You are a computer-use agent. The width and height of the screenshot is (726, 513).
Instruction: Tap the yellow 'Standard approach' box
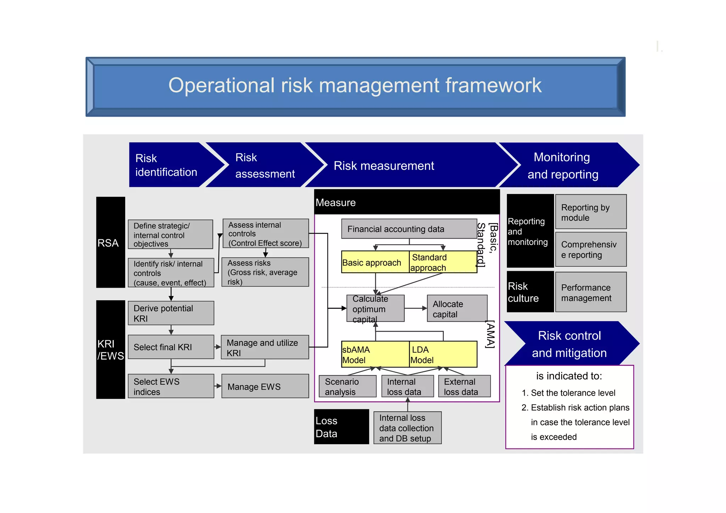coord(443,262)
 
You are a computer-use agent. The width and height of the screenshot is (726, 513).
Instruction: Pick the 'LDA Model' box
coord(443,354)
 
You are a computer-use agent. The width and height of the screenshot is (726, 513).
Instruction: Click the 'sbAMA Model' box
coord(375,354)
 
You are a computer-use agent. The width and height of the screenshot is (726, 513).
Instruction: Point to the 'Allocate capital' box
coord(457,308)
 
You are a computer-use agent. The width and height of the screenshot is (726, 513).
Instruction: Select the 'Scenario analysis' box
coord(347,386)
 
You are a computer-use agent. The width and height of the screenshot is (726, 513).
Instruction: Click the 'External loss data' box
coord(464,386)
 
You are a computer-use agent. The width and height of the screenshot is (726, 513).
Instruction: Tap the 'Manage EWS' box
coord(265,386)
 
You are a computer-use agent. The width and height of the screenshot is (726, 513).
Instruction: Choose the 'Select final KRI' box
coord(171,347)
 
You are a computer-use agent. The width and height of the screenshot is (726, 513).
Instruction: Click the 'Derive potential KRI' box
coord(171,313)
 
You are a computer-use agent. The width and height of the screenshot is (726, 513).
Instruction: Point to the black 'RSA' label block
coord(111,242)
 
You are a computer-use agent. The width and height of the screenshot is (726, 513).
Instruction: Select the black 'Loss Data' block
coord(341,427)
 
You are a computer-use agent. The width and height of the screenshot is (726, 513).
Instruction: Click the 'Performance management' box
coord(591,292)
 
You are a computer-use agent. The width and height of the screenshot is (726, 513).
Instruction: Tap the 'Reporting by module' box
coord(591,212)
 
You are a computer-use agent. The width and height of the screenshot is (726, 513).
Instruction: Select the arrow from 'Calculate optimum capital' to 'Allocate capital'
coord(415,308)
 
